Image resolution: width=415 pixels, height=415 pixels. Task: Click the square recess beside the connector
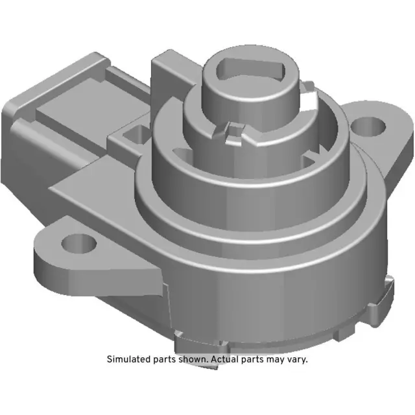point(136,134)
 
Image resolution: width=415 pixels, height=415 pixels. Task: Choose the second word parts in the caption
point(255,359)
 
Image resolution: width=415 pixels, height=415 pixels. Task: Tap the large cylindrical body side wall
point(272,285)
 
